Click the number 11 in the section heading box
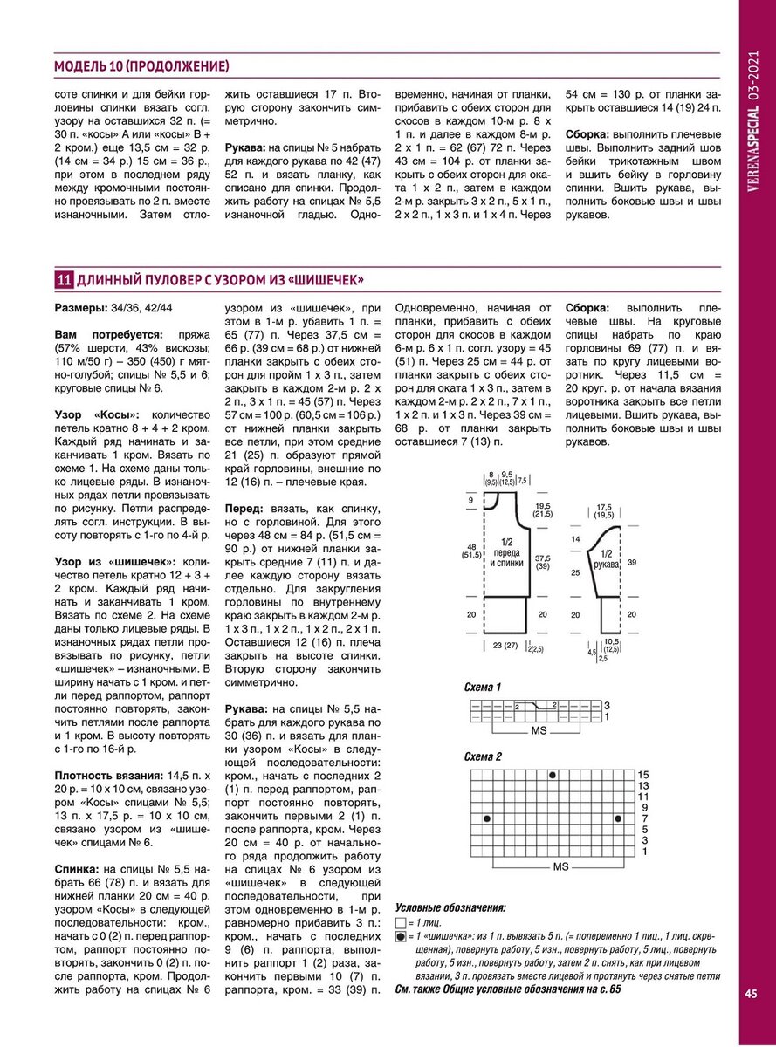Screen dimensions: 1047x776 point(64,280)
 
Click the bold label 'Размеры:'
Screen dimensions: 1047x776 point(81,309)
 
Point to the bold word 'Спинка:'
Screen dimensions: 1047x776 point(76,870)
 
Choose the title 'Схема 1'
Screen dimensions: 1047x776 point(483,688)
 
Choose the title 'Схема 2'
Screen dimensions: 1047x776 point(483,756)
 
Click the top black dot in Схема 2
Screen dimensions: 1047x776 point(553,775)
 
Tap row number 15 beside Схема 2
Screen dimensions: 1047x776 point(643,775)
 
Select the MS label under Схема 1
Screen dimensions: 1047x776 point(539,729)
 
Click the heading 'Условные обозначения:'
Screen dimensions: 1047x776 point(450,907)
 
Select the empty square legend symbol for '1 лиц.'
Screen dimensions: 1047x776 point(401,922)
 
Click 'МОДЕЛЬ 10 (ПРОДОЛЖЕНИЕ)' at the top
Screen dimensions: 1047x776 point(142,66)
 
